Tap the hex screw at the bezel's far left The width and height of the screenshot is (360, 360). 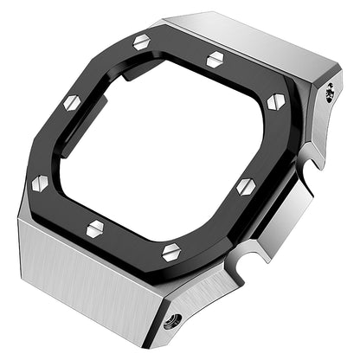(x=39, y=183)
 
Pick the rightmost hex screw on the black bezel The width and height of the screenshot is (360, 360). (x=276, y=101)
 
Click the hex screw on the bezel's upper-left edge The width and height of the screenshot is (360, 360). (x=72, y=103)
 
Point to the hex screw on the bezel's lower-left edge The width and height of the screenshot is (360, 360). (x=95, y=228)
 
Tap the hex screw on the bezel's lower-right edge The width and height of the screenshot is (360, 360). (x=246, y=185)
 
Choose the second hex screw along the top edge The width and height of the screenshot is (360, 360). (x=215, y=59)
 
